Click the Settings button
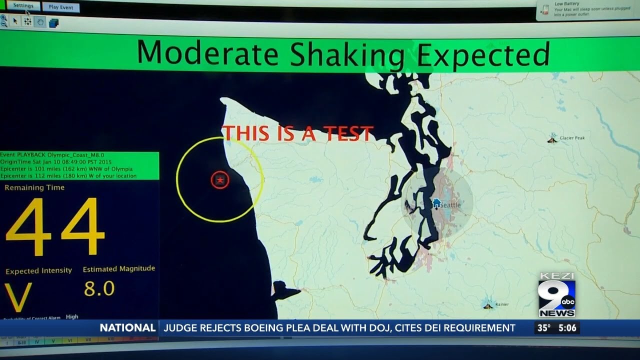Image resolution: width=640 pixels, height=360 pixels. click(x=23, y=6)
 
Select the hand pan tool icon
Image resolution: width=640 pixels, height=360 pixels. click(x=40, y=21)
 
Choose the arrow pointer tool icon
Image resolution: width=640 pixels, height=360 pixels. click(x=15, y=21)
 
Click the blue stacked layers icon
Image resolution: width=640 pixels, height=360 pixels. click(x=53, y=22)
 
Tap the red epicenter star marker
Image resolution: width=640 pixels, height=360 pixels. click(x=220, y=179)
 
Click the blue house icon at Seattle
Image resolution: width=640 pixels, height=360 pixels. click(x=436, y=203)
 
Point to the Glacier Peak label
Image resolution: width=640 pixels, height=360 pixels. click(x=571, y=138)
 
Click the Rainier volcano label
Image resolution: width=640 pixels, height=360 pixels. click(x=501, y=304)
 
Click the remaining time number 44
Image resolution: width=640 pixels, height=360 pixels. click(x=55, y=227)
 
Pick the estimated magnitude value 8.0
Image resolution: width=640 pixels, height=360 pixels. click(x=99, y=288)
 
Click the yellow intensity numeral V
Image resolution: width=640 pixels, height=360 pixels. click(x=18, y=297)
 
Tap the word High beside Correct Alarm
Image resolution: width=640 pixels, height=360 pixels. click(x=72, y=316)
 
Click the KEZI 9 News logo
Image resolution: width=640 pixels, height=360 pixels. click(x=556, y=295)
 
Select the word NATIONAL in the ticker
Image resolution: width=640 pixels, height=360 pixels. click(x=127, y=328)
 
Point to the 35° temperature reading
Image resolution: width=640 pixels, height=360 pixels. click(x=543, y=328)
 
